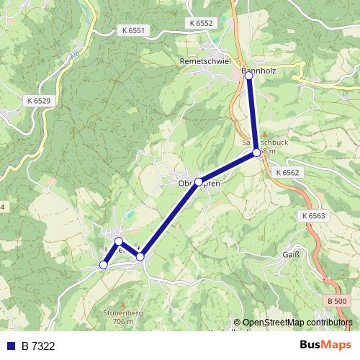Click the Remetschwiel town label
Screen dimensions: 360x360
[x=204, y=62]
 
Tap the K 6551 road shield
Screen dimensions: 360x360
[x=132, y=31]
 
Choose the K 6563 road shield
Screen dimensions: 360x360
[x=314, y=216]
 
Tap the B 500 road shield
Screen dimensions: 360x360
[x=336, y=300]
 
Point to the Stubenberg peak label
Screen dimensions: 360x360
[x=122, y=313]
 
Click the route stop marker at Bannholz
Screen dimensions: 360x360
[x=249, y=73]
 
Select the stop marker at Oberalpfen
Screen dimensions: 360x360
[x=199, y=182]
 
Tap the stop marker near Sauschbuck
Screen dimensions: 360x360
[x=256, y=152]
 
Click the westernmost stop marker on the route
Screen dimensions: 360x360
[x=103, y=265]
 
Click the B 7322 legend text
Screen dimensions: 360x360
[x=38, y=346]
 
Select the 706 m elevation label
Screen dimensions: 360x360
[x=122, y=322]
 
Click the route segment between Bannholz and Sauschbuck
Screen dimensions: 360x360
[x=253, y=113]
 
